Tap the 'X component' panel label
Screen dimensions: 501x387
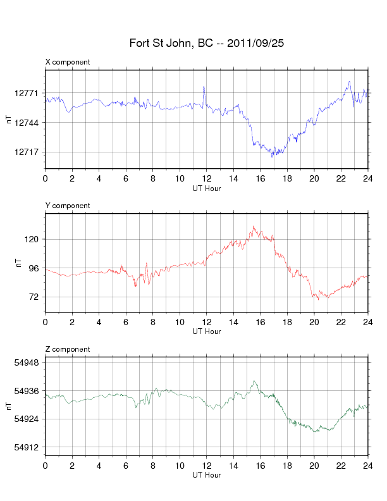pos(68,62)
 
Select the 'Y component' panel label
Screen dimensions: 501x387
pos(68,206)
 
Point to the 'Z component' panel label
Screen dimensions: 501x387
pos(68,349)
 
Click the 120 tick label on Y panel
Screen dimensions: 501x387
pos(32,239)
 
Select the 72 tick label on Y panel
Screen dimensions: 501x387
pos(34,297)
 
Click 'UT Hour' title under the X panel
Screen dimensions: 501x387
pos(206,188)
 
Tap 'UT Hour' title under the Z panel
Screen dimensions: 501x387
pos(206,475)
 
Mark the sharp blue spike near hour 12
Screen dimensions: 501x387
pos(204,87)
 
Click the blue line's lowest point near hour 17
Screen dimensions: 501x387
pos(273,156)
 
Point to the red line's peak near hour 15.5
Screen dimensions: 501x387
pos(254,226)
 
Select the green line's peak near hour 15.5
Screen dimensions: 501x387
pos(254,381)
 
